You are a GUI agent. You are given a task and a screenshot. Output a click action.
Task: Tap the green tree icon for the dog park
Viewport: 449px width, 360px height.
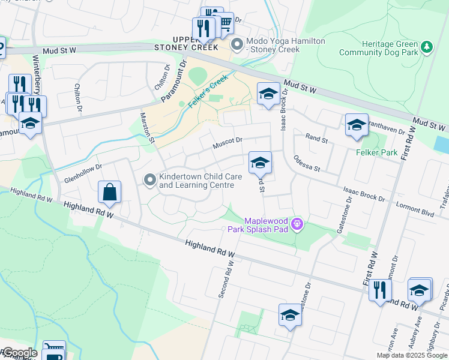point(427,47)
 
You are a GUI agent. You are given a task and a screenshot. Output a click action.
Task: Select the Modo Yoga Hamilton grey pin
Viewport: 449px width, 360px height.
point(238,44)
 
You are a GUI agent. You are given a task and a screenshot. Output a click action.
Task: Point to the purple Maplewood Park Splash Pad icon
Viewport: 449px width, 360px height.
point(297,226)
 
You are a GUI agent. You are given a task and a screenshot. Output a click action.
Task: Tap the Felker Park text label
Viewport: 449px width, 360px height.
point(376,153)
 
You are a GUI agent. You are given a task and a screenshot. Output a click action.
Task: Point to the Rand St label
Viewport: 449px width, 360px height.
point(316,140)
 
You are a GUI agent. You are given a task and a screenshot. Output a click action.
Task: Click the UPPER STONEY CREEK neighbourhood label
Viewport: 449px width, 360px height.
point(184,42)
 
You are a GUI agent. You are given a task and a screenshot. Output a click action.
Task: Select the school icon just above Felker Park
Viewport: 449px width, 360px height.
point(357,125)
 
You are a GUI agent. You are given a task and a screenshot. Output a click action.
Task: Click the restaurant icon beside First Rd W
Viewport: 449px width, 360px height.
point(379,291)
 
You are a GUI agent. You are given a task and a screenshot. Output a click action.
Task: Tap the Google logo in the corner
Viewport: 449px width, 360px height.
point(20,353)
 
